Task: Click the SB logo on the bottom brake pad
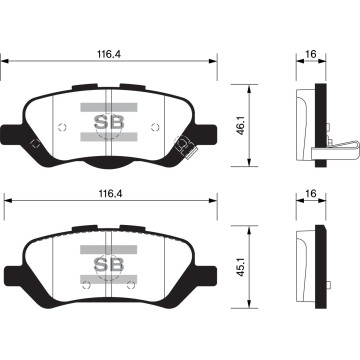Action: [106, 265]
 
